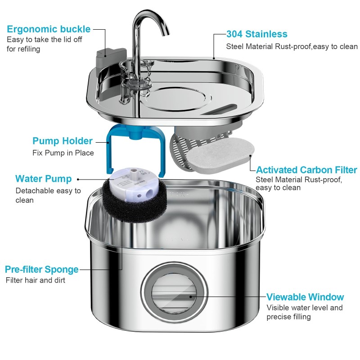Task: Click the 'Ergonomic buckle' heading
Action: [x=49, y=30]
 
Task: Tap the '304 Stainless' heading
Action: [x=256, y=34]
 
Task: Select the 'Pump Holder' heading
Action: [x=63, y=141]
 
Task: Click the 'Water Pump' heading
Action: [x=43, y=179]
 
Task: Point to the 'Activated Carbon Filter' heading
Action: [x=306, y=170]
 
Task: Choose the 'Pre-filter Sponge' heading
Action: [x=41, y=270]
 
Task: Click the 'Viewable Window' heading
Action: [x=305, y=297]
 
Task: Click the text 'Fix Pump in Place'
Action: [x=63, y=153]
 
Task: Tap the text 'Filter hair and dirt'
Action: [x=36, y=280]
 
